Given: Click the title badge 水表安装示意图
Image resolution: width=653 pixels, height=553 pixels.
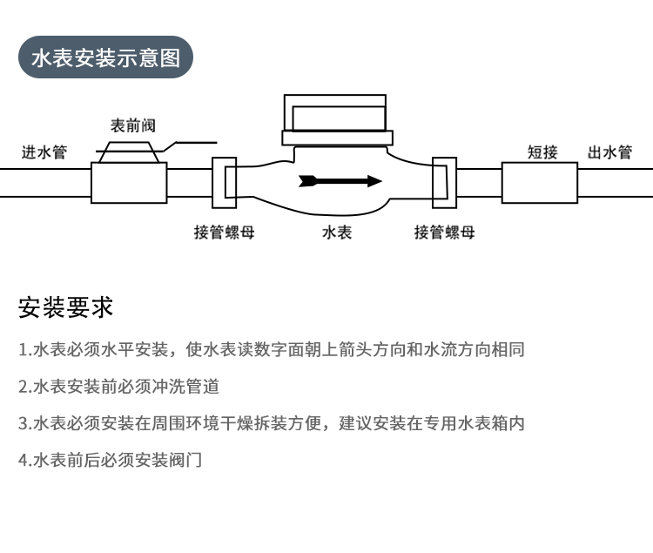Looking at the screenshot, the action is point(105,57).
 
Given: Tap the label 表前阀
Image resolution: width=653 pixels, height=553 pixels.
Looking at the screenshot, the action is point(133,125).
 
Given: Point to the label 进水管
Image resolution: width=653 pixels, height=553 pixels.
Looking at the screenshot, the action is point(44,152).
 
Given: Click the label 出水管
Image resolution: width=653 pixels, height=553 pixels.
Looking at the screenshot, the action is point(609,152).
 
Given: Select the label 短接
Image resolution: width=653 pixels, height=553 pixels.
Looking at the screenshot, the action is point(542,152).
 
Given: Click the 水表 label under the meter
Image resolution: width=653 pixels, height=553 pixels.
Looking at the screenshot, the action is point(336,232).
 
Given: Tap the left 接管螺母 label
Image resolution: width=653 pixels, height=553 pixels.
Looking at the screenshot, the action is point(224,232).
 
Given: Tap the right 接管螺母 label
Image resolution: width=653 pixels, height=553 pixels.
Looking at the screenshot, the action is point(444,232).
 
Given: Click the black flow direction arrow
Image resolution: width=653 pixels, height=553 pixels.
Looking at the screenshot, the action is point(340,181).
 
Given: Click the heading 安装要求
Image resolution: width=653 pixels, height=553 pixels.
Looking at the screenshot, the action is point(66,307).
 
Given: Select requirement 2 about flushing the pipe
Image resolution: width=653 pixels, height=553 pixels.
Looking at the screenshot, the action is point(118,387).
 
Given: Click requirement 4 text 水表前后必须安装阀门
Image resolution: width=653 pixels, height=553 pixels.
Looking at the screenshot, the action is point(110,460).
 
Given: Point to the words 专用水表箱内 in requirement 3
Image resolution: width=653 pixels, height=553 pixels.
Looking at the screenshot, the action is point(474,423).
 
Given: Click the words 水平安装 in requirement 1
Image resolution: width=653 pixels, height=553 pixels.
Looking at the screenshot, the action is point(135,349).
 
